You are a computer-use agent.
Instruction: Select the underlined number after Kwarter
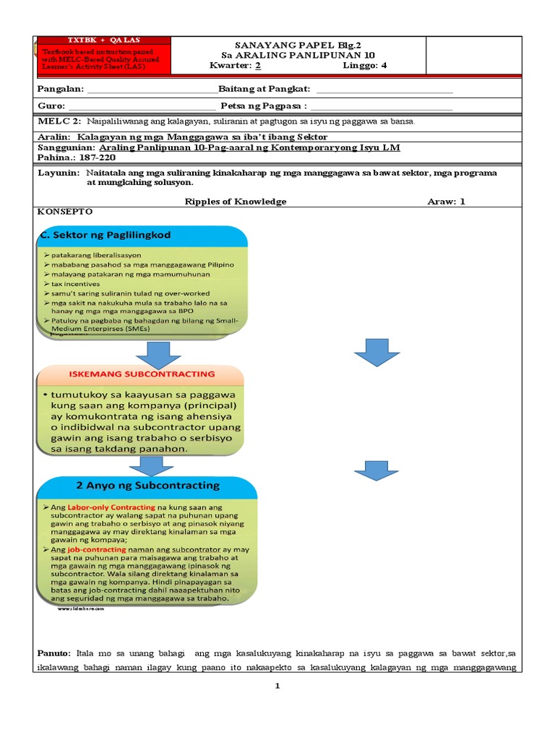click(x=258, y=65)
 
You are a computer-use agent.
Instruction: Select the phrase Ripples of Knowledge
click(x=236, y=202)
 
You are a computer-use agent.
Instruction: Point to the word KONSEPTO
click(x=64, y=212)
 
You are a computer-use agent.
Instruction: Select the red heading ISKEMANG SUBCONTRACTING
click(x=141, y=374)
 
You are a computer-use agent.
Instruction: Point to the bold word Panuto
click(x=54, y=653)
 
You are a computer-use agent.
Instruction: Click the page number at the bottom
click(x=277, y=687)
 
